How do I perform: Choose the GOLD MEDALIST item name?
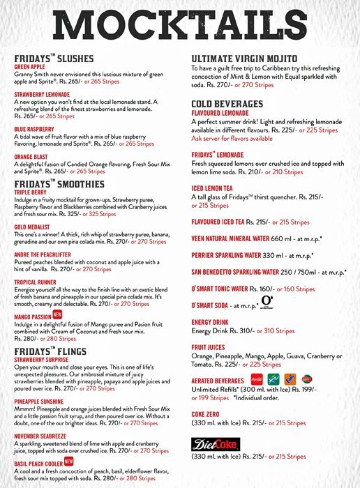coord(32,227)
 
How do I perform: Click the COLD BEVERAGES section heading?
coord(227,103)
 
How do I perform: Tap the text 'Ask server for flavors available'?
coord(232,139)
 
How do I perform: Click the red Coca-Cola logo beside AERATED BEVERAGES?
coord(257,379)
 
